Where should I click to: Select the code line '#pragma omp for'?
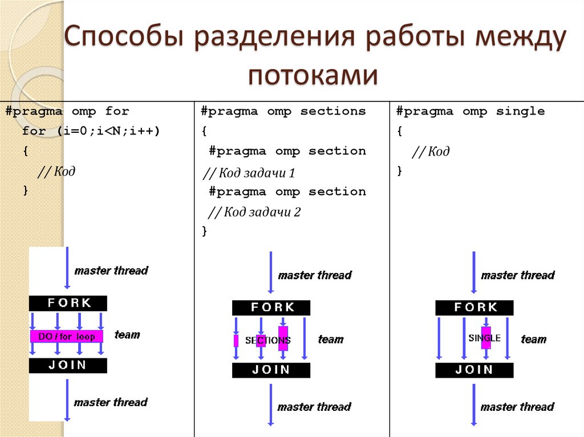pyautogui.click(x=67, y=111)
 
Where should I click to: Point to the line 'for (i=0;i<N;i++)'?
pyautogui.click(x=91, y=131)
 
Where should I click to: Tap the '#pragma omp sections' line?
pyautogui.click(x=283, y=111)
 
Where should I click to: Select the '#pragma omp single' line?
pyautogui.click(x=471, y=111)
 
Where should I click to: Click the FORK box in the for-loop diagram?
pyautogui.click(x=68, y=303)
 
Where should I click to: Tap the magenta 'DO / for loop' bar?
pyautogui.click(x=67, y=336)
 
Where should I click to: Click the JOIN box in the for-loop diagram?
pyautogui.click(x=68, y=365)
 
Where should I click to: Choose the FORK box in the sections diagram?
pyautogui.click(x=271, y=308)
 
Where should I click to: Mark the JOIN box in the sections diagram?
pyautogui.click(x=271, y=370)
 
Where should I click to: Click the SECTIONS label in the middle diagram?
pyautogui.click(x=268, y=340)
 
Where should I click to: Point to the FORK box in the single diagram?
pyautogui.click(x=474, y=308)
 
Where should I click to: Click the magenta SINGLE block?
pyautogui.click(x=485, y=338)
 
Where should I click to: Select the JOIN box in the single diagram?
pyautogui.click(x=474, y=370)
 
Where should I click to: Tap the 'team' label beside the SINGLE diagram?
pyautogui.click(x=533, y=339)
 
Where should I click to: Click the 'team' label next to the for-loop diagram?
pyautogui.click(x=127, y=334)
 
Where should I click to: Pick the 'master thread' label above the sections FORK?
pyautogui.click(x=315, y=275)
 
